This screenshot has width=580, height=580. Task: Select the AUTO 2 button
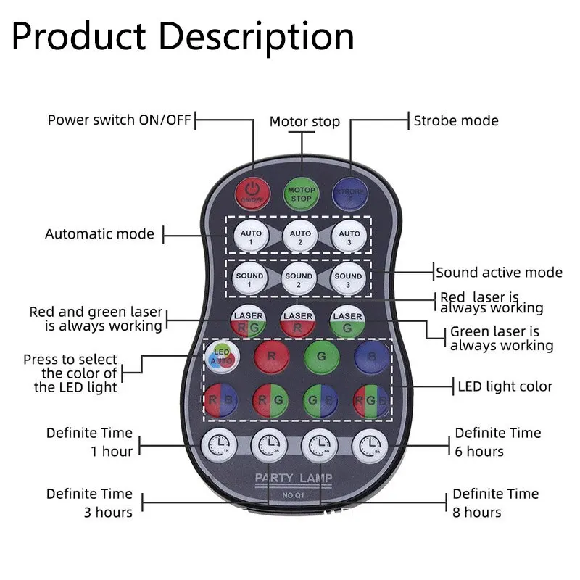(300, 236)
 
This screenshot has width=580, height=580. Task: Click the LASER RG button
(248, 322)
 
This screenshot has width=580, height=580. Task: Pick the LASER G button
(348, 322)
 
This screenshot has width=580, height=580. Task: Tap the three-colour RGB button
(370, 400)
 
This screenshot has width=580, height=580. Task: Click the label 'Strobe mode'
(456, 120)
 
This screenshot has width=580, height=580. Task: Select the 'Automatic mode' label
(99, 234)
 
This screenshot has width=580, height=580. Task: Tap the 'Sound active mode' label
(499, 273)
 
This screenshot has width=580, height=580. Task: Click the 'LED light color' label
(505, 386)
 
